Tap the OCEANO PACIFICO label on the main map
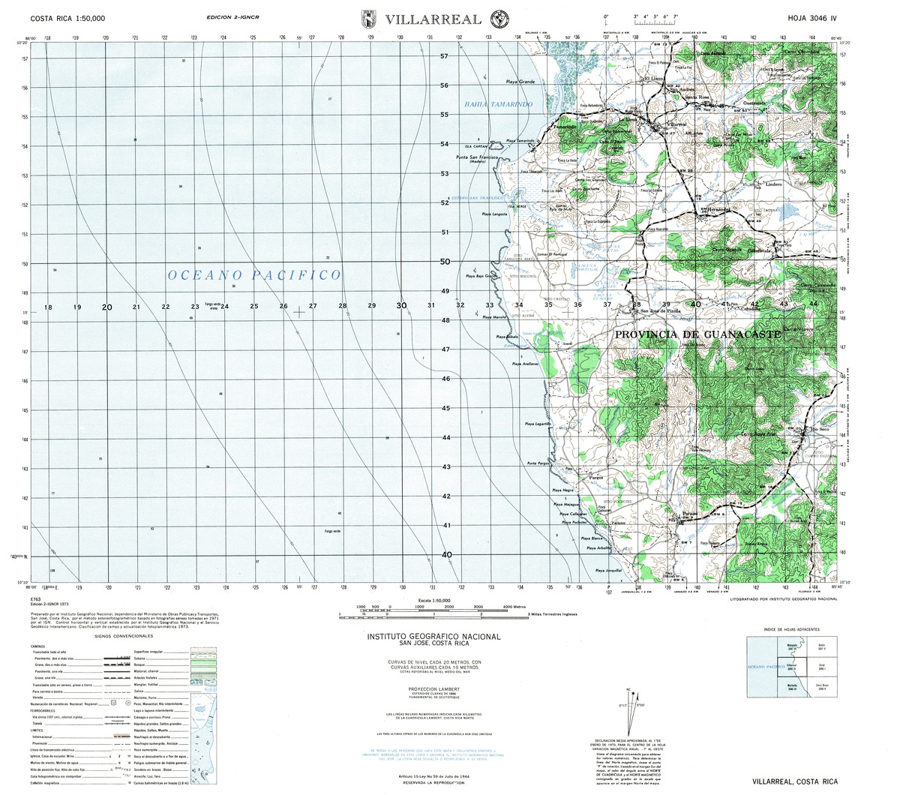click(x=254, y=276)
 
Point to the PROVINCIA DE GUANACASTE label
click(x=697, y=332)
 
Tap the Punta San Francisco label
click(x=478, y=157)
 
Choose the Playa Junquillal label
click(x=609, y=571)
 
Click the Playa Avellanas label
click(x=526, y=364)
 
